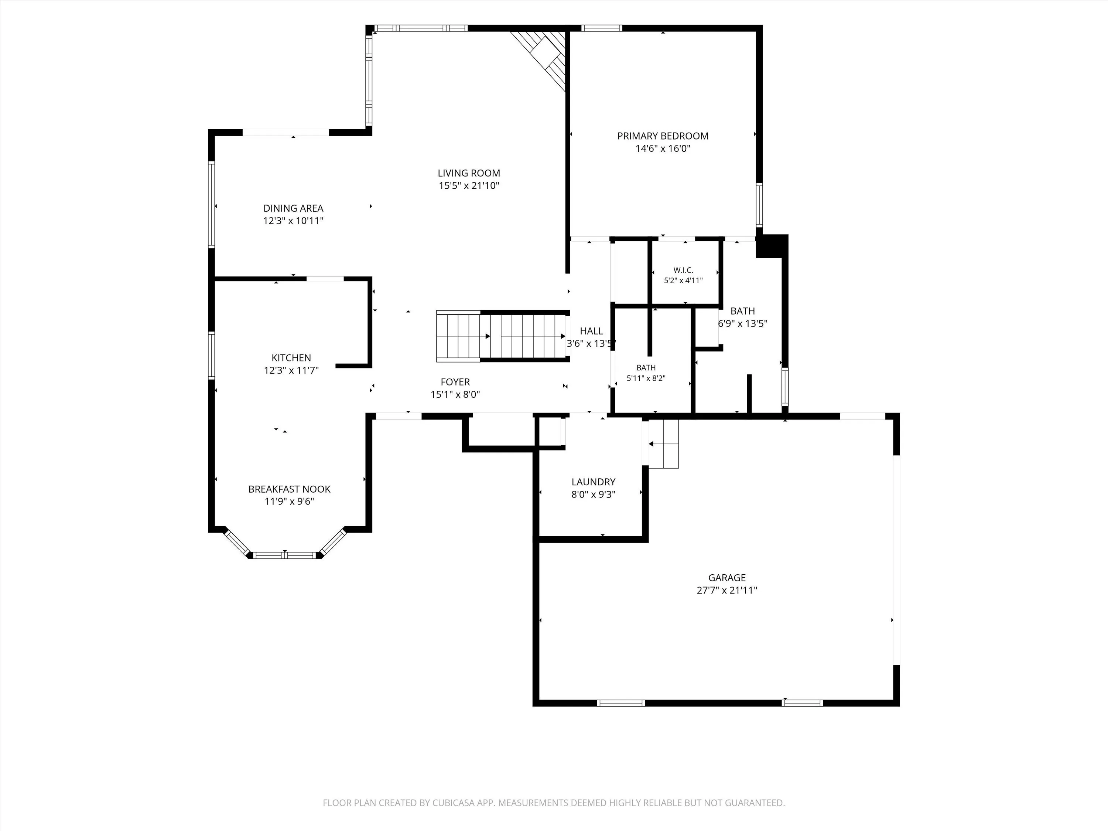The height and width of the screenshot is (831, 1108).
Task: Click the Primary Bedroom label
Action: [663, 136]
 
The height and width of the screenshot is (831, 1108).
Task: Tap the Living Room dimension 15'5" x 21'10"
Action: [469, 186]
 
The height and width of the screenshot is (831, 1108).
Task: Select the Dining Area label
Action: [294, 208]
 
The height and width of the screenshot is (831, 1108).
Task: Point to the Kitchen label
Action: [291, 358]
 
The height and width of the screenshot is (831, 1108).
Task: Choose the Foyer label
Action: [455, 382]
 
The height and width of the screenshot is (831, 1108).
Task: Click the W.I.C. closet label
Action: [683, 270]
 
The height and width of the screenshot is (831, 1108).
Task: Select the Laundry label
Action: [594, 482]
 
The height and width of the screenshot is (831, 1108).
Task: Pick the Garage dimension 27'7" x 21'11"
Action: [727, 590]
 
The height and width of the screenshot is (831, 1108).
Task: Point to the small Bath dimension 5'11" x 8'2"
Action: [646, 379]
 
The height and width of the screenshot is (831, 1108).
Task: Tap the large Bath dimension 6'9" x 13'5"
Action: [742, 324]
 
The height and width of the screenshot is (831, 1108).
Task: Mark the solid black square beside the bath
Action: [772, 246]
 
